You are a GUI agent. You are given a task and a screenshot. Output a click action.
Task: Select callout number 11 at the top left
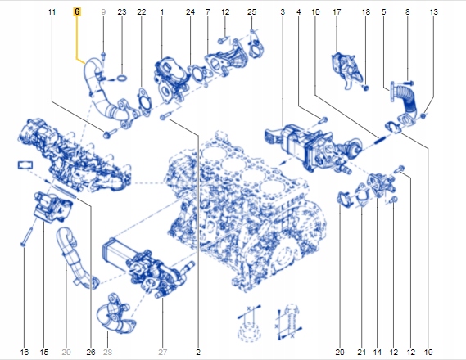52,13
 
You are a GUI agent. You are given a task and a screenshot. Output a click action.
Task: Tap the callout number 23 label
122,13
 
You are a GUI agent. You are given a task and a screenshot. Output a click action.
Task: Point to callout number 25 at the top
251,13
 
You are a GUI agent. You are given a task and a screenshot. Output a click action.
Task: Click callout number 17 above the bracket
337,13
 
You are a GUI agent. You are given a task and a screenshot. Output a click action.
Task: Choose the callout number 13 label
433,13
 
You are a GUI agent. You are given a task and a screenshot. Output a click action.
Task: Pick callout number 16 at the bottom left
24,352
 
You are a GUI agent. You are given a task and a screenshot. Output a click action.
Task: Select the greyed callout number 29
67,352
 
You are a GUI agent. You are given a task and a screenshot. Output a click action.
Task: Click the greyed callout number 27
162,352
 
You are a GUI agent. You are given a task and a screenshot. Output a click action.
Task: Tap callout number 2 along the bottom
198,352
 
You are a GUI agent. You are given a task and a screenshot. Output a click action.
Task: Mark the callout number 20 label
339,352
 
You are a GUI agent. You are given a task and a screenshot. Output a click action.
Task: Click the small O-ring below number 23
121,79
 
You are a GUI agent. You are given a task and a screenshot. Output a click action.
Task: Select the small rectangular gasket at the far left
23,166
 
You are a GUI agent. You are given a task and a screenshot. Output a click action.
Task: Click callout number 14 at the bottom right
377,352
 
